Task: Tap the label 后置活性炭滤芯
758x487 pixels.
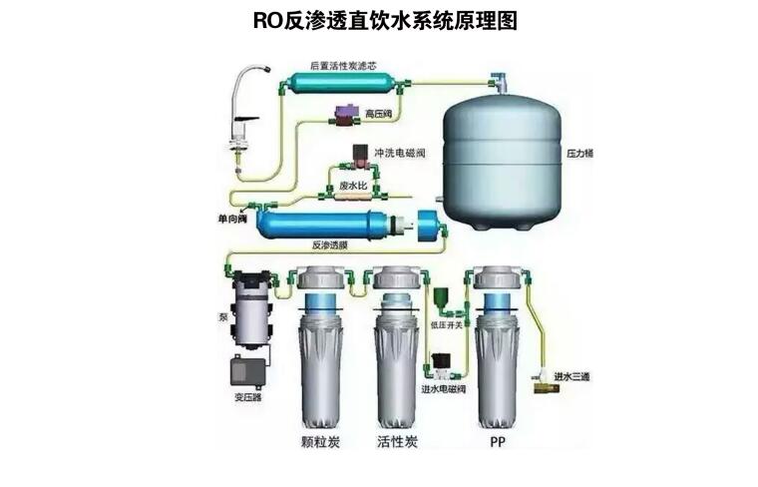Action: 344,65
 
